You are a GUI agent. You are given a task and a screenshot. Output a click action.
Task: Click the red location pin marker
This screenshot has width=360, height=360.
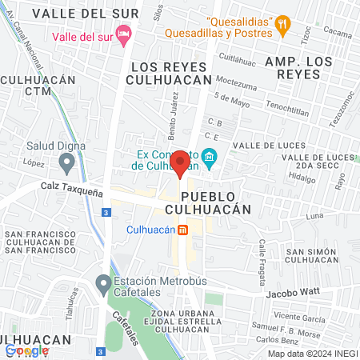click(181, 163)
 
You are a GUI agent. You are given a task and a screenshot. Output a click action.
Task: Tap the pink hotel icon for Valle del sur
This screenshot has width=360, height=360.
click(122, 33)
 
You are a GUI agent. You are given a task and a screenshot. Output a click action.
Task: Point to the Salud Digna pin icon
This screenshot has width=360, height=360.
click(67, 164)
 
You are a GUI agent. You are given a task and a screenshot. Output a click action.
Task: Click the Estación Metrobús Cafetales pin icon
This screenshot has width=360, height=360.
click(102, 283)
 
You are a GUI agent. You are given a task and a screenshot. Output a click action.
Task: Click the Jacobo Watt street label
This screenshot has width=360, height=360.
click(301, 294)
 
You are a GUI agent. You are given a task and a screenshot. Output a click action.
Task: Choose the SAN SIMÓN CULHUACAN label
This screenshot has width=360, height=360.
click(314, 255)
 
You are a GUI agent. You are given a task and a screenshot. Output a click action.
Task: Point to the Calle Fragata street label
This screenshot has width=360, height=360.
click(261, 254)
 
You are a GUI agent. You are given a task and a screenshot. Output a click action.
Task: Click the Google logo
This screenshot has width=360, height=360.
click(27, 350)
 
